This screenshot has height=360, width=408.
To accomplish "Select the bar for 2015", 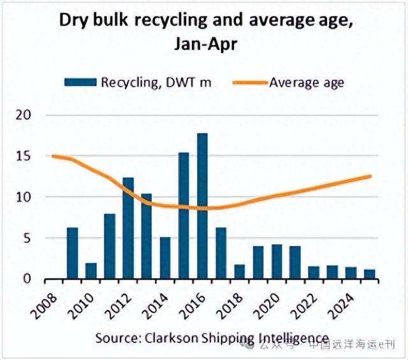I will pyautogui.click(x=184, y=216).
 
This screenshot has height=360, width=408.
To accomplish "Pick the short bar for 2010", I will pyautogui.click(x=91, y=271).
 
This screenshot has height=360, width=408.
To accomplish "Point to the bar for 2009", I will pyautogui.click(x=72, y=253).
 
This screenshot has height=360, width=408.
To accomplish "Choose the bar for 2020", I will pyautogui.click(x=277, y=262).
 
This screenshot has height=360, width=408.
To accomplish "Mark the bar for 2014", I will pyautogui.click(x=165, y=258).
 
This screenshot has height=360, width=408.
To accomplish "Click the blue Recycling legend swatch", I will pyautogui.click(x=80, y=82).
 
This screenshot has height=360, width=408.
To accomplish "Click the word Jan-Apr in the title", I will pyautogui.click(x=204, y=44).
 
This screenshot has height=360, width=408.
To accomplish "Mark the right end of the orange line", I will pyautogui.click(x=370, y=176).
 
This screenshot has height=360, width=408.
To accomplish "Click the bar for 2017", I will pyautogui.click(x=221, y=254).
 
